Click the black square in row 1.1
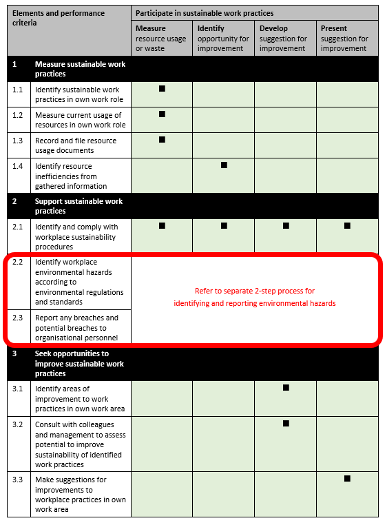click(x=162, y=88)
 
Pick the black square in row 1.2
click(x=162, y=114)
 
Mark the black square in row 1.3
click(x=162, y=139)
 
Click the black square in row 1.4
click(x=224, y=165)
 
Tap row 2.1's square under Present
click(x=347, y=225)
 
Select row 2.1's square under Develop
click(x=286, y=225)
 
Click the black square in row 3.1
click(x=286, y=388)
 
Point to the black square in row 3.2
click(x=286, y=423)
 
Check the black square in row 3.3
click(x=347, y=478)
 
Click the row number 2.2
click(x=18, y=262)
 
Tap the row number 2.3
click(x=18, y=318)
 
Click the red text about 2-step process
click(x=254, y=297)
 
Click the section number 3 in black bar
click(x=14, y=353)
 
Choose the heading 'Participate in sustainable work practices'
click(x=205, y=13)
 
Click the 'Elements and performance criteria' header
click(x=58, y=18)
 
